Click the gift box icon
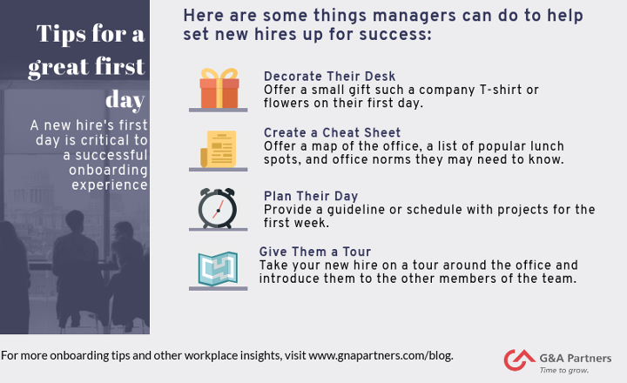219,89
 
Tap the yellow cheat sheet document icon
219,149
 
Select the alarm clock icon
218,208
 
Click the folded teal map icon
218,268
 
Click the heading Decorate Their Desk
329,76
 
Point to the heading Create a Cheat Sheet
332,132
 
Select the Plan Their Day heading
311,196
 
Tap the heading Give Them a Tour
315,252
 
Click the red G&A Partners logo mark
519,359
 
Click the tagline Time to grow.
563,370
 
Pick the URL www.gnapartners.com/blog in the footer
380,355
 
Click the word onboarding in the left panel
108,171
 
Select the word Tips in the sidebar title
61,33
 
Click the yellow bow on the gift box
219,74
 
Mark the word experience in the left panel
110,185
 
